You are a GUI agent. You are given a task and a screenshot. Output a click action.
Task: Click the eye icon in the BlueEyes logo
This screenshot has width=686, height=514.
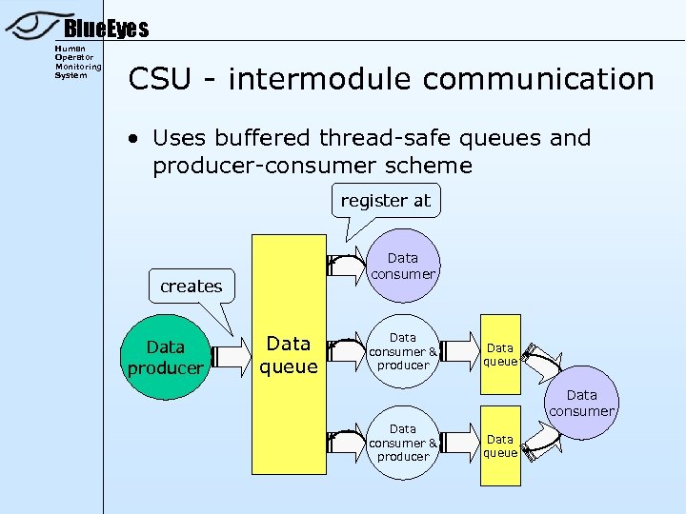coord(33,27)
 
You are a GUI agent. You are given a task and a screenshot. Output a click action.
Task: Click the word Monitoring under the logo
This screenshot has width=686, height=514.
coord(78,67)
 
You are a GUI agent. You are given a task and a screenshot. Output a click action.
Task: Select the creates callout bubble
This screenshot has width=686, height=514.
coord(191,286)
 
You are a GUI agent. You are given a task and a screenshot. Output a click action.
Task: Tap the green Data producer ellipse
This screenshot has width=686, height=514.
coord(166,357)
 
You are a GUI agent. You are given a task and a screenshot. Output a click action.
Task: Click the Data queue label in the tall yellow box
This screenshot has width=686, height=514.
coord(288,354)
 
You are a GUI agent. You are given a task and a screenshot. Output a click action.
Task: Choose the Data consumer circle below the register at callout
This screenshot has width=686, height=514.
coord(402,266)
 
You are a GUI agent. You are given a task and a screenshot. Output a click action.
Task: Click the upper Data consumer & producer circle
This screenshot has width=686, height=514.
coord(402,351)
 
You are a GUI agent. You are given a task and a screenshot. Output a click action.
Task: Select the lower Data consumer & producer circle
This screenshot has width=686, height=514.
coord(402,443)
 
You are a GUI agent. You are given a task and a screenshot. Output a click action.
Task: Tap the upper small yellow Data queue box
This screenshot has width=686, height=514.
coord(499,354)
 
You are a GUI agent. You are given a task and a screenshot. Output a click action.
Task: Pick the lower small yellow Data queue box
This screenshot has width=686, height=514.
coord(499,445)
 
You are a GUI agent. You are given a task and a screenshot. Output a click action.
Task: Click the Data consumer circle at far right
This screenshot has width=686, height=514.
coord(581,403)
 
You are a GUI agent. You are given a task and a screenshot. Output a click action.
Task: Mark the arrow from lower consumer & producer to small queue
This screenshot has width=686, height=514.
coord(460,444)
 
